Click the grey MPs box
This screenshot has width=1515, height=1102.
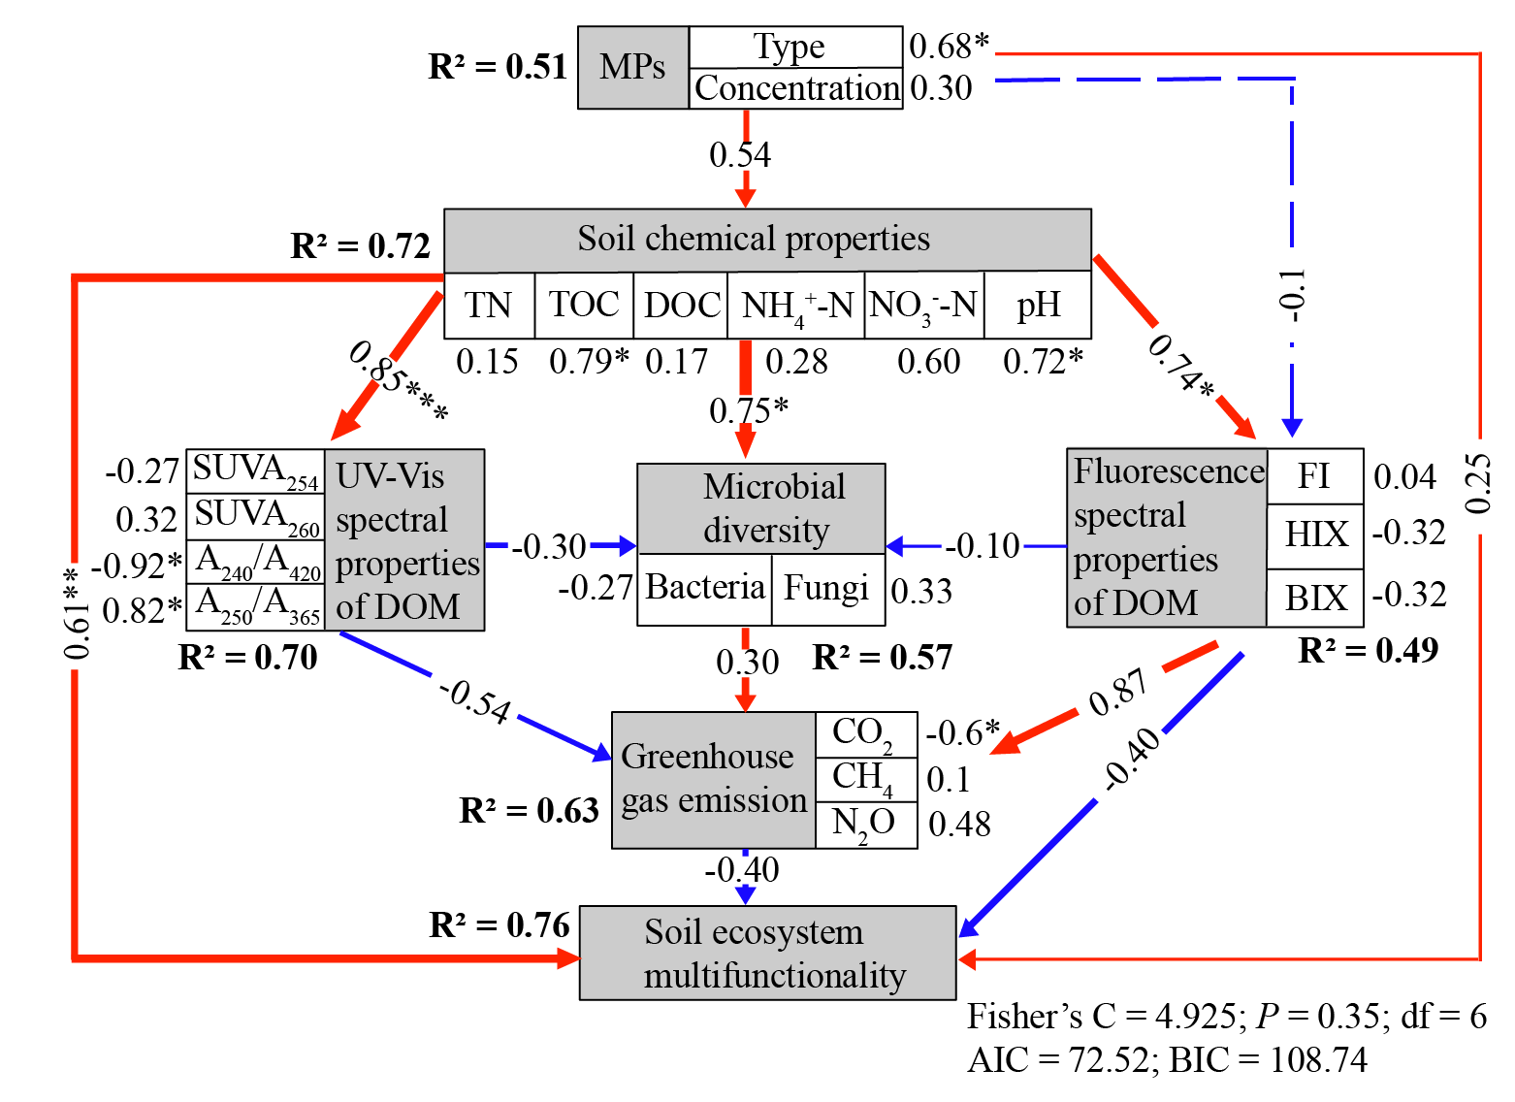click(x=632, y=67)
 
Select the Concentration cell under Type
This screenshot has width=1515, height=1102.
click(x=796, y=88)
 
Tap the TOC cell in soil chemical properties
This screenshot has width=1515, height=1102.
click(x=584, y=306)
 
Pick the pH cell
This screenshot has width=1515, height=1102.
click(x=1038, y=306)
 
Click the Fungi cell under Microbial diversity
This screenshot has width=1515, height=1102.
click(x=827, y=588)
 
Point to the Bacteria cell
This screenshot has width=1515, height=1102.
click(x=705, y=588)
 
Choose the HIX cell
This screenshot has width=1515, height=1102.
click(x=1315, y=535)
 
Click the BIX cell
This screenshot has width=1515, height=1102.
click(x=1315, y=598)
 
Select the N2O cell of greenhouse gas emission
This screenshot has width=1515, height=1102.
click(x=865, y=825)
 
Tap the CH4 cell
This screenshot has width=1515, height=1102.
click(x=865, y=778)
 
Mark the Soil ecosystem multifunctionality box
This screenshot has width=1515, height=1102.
click(x=768, y=953)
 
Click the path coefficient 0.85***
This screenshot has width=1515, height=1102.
click(x=399, y=381)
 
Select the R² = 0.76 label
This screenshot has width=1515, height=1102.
click(x=500, y=925)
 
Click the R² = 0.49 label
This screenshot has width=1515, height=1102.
click(x=1368, y=651)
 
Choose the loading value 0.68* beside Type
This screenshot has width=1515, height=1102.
click(x=949, y=46)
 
